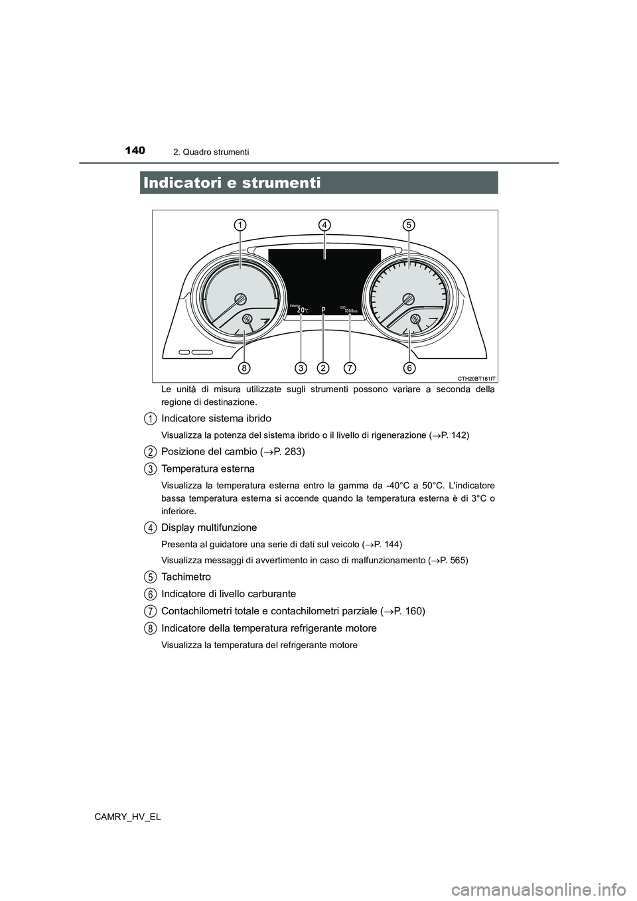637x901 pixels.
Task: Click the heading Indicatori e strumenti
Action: [x=231, y=182]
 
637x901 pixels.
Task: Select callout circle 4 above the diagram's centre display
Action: [x=324, y=225]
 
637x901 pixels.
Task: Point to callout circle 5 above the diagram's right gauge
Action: [x=408, y=225]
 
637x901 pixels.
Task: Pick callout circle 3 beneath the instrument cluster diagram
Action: [x=301, y=367]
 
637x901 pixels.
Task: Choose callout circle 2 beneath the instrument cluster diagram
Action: [x=323, y=367]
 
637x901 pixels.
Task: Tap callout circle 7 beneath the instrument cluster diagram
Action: [x=349, y=367]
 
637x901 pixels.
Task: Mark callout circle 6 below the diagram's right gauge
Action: [x=408, y=367]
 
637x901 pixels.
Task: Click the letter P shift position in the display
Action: [x=323, y=310]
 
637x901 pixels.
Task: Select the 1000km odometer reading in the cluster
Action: [x=351, y=311]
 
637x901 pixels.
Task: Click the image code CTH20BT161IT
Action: [x=476, y=378]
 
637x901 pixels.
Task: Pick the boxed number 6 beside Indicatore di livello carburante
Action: [x=151, y=593]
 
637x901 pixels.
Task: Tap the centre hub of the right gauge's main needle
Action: [x=408, y=299]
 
